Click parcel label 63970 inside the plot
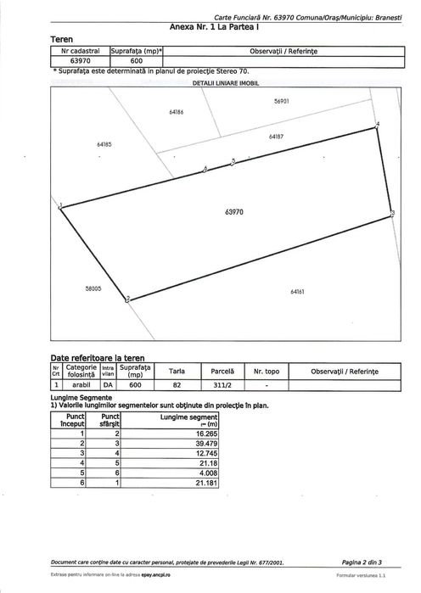[234, 212]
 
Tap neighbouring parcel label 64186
[177, 112]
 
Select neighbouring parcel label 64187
[275, 136]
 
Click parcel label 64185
[104, 144]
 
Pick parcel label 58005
[93, 288]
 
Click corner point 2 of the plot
[126, 299]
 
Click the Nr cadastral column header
[81, 52]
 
